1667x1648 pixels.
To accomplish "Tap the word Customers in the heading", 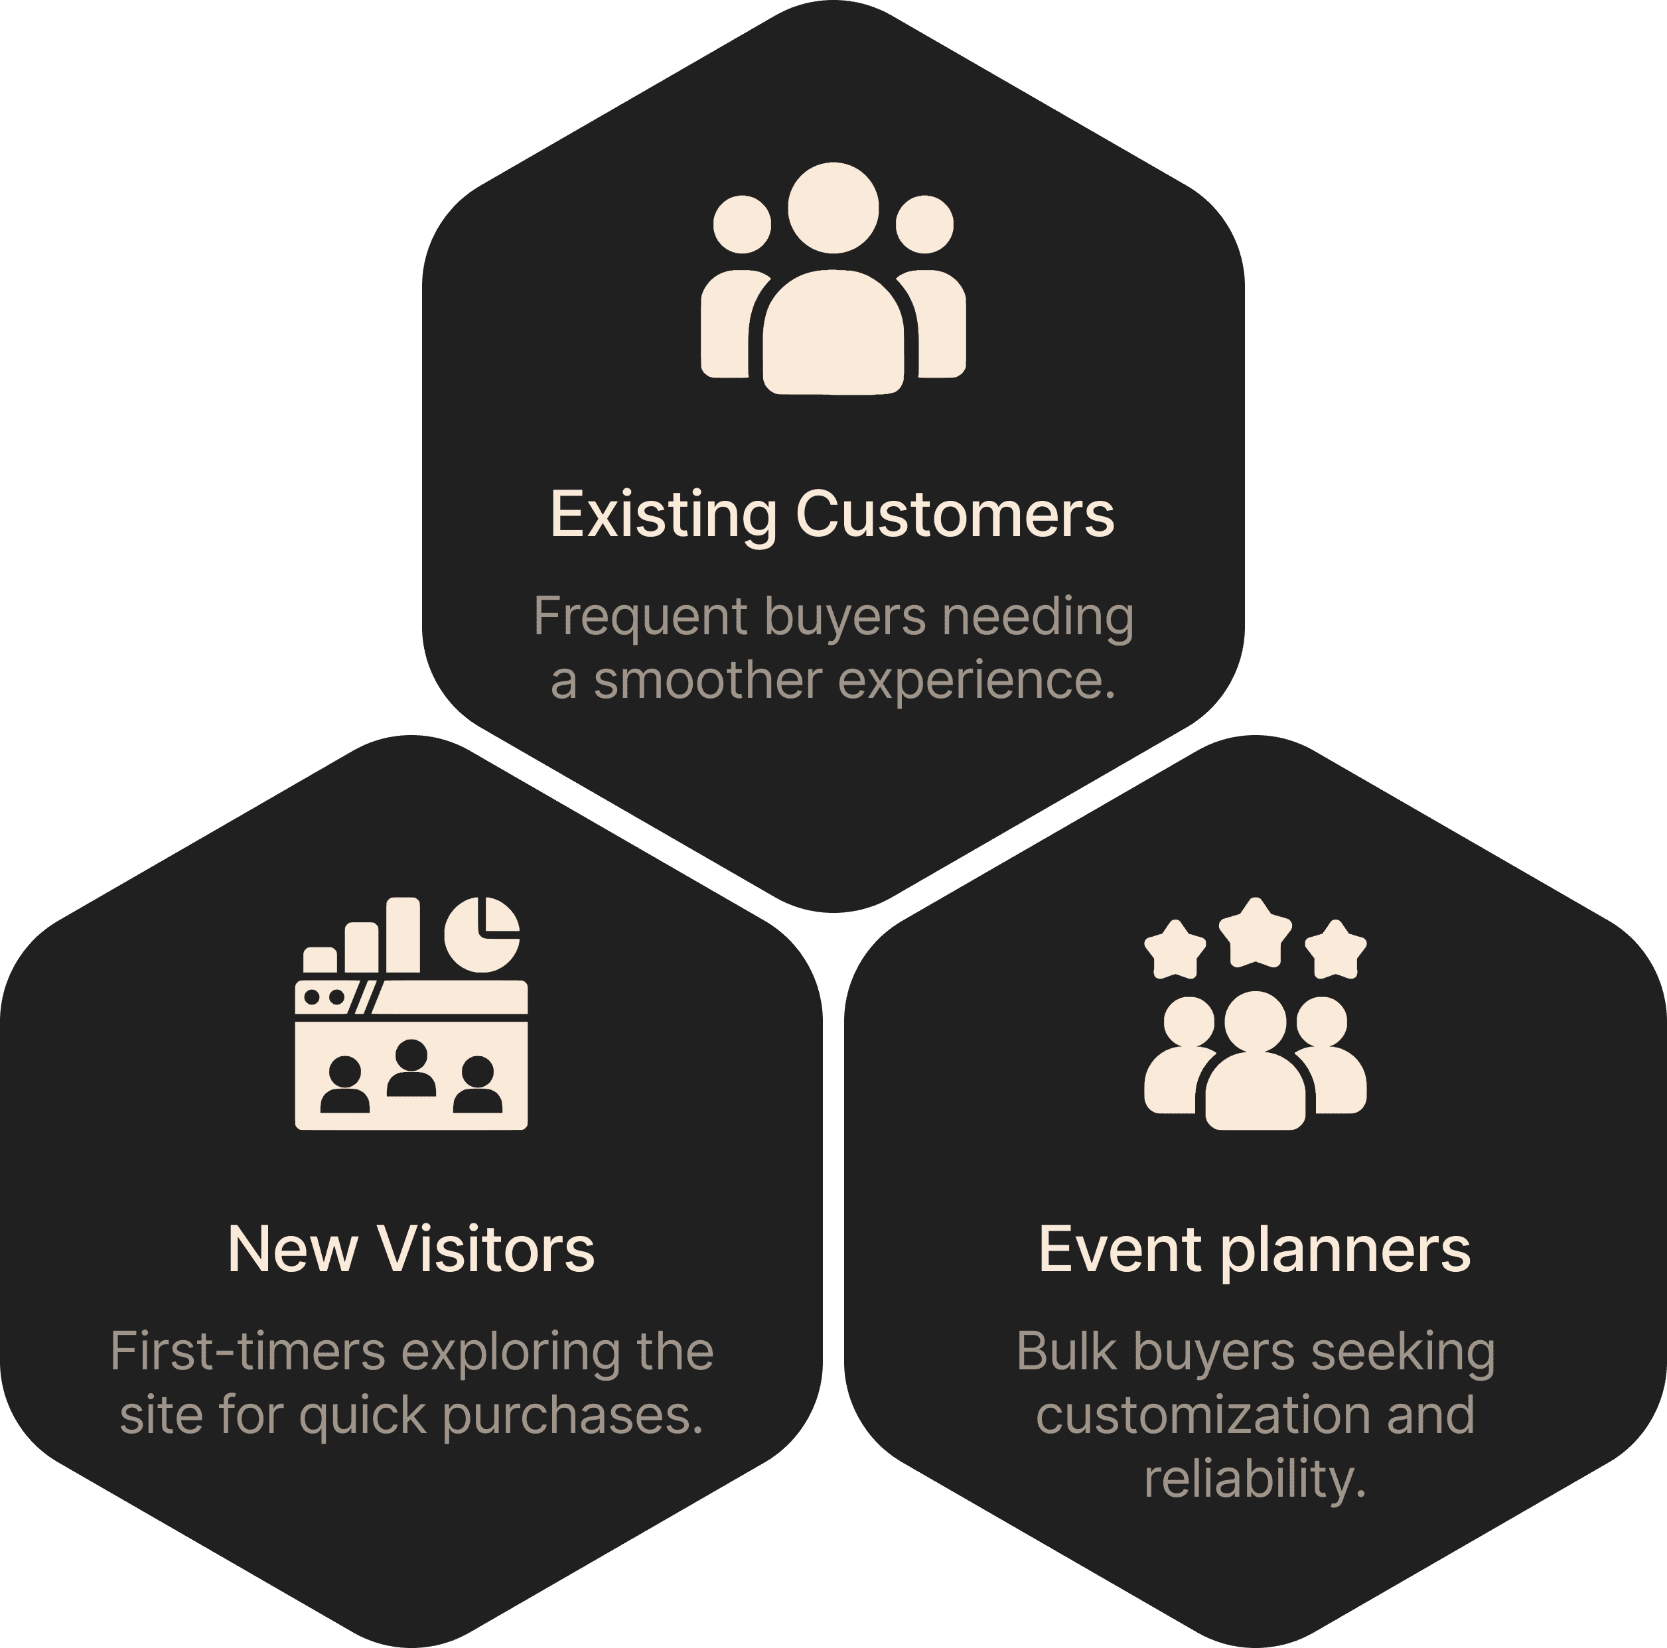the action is click(x=955, y=514).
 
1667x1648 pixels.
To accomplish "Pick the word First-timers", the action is click(x=248, y=1351).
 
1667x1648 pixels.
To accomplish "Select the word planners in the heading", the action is click(x=1346, y=1252).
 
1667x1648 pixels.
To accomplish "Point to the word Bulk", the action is click(x=1066, y=1351).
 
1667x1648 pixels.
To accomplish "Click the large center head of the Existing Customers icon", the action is click(x=833, y=208).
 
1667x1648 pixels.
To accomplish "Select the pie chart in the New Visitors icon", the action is click(x=482, y=934).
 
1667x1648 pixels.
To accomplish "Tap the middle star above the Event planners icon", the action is click(x=1256, y=933).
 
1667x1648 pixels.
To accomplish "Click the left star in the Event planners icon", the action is click(x=1175, y=950).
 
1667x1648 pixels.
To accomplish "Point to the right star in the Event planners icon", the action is click(x=1336, y=950).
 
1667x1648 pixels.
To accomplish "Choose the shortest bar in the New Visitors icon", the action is click(x=320, y=960).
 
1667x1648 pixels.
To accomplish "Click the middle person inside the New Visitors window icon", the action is click(x=411, y=1067).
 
